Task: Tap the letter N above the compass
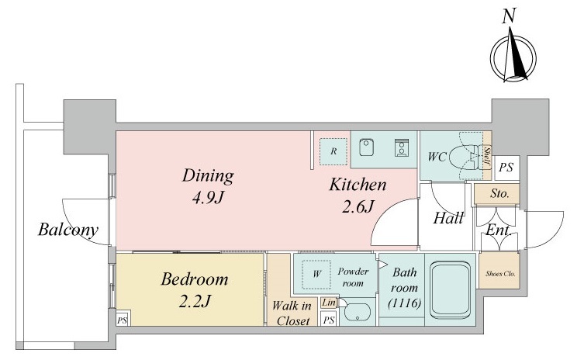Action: coord(509,16)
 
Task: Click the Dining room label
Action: coord(208,175)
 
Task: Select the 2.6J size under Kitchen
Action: coord(358,206)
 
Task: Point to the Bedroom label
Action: coord(195,279)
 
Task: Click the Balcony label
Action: coord(68,230)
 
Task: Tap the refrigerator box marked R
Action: coord(333,151)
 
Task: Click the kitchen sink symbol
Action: coord(367,147)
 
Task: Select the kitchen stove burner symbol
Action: coord(402,147)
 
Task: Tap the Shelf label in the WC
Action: coord(487,157)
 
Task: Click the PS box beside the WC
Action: coord(506,168)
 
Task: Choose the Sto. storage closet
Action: coord(497,194)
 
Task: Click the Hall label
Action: coord(448,218)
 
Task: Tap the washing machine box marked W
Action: coord(316,275)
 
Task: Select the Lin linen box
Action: coord(329,303)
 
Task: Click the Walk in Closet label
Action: coord(292,313)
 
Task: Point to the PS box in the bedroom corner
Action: coord(123,320)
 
